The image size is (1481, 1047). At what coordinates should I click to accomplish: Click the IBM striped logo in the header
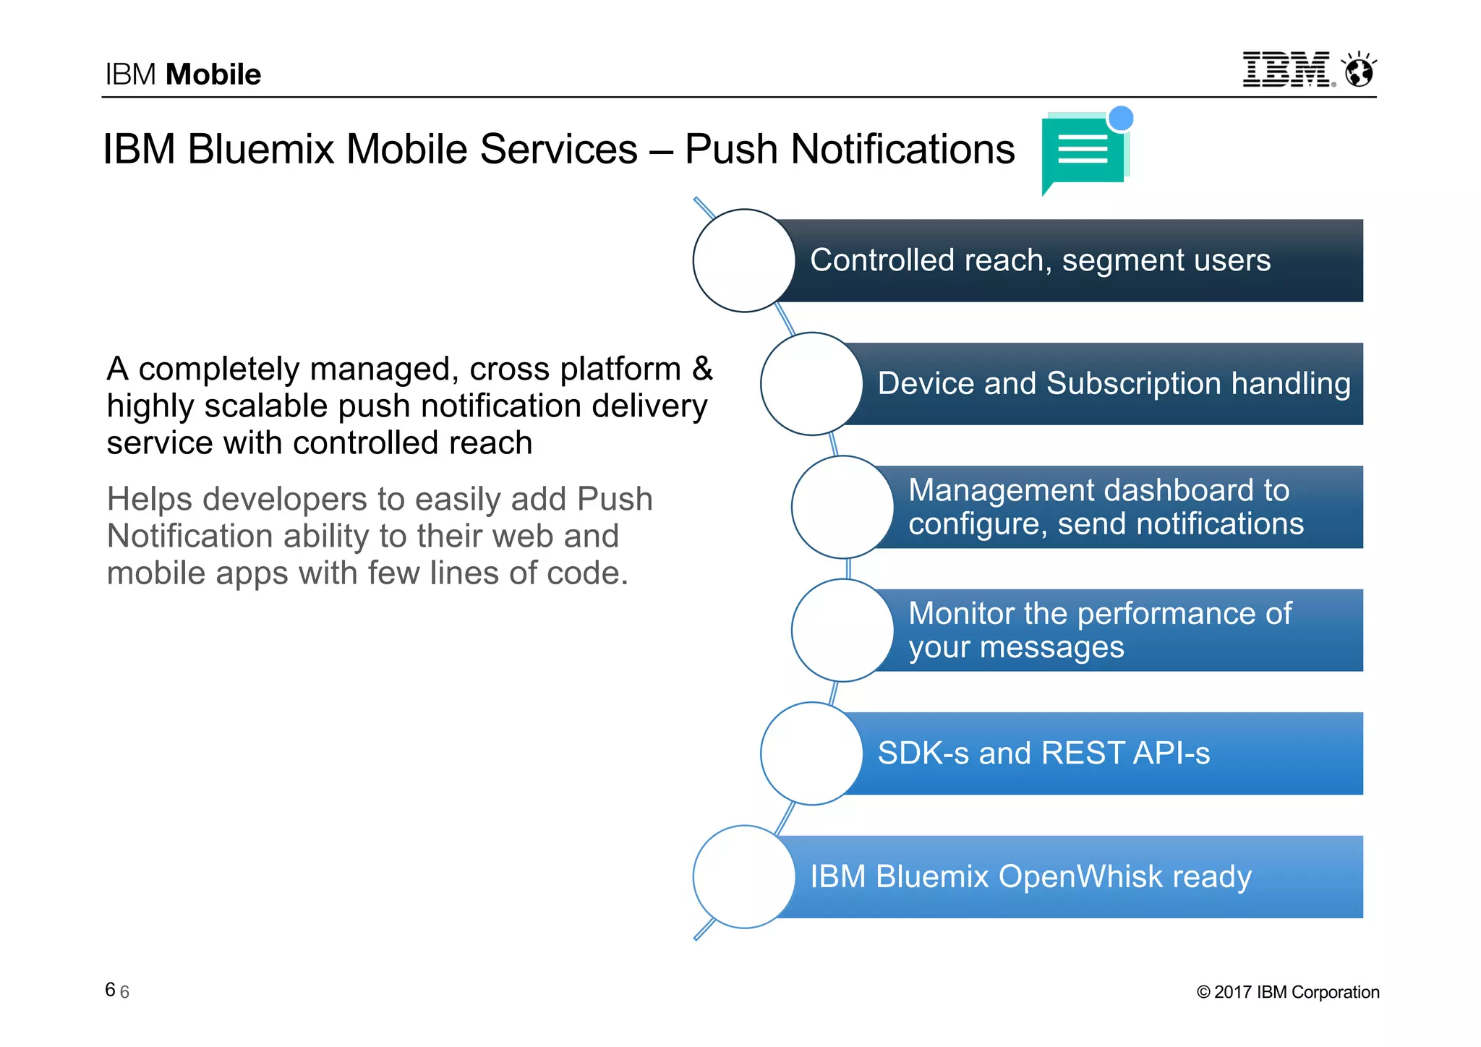(1286, 69)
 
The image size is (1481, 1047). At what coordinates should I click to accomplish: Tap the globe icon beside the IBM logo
(1359, 71)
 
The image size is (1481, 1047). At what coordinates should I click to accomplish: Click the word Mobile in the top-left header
(213, 74)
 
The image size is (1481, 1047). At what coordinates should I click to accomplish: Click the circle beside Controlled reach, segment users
(744, 260)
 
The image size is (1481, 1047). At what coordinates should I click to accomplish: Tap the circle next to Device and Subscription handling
(811, 384)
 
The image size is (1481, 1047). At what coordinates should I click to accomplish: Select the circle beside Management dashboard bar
(842, 507)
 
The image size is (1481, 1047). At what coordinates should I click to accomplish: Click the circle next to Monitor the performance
(842, 631)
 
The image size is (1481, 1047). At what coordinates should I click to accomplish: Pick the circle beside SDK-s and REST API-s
(811, 753)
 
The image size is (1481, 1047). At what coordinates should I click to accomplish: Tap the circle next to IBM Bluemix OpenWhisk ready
(744, 877)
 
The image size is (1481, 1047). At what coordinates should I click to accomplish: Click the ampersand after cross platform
(702, 369)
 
